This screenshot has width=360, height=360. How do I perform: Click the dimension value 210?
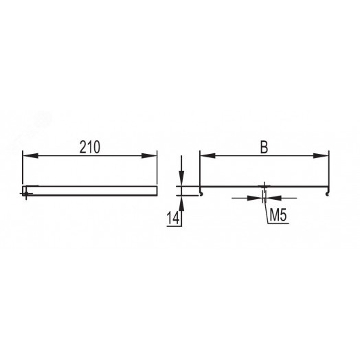[x=90, y=147]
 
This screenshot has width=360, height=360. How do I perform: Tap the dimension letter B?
[x=264, y=147]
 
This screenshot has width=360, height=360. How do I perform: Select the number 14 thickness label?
[x=173, y=218]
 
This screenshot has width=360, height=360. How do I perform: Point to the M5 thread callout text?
[x=278, y=215]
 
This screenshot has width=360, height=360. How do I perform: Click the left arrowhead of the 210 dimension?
[x=30, y=156]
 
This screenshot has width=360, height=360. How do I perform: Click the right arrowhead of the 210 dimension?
[x=149, y=156]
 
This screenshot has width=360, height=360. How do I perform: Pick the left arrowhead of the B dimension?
[x=208, y=156]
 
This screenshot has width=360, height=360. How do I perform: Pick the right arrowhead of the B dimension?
[x=321, y=156]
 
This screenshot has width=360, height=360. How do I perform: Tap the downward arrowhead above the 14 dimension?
[x=181, y=178]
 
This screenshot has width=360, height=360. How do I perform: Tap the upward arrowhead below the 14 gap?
[x=181, y=203]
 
